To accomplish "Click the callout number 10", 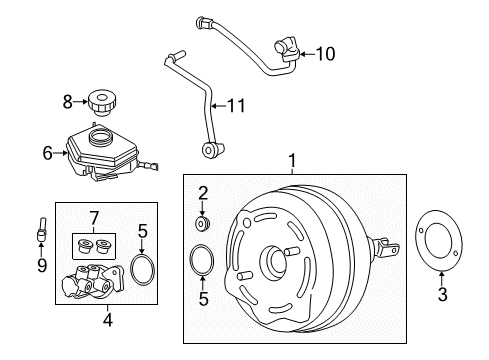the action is (x=325, y=54).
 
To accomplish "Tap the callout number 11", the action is (x=236, y=106).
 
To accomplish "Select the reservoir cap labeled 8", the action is (x=102, y=103).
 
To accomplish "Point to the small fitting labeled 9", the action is (x=42, y=230).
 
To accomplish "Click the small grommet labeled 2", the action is (x=203, y=223).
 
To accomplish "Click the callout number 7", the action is (x=94, y=219).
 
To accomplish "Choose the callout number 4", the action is (x=107, y=320).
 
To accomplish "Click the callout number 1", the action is (x=292, y=161).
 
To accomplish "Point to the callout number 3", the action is (x=442, y=294).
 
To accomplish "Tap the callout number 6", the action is (x=48, y=153).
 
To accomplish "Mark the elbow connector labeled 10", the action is (x=287, y=51).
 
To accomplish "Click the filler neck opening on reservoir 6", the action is (x=101, y=136).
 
